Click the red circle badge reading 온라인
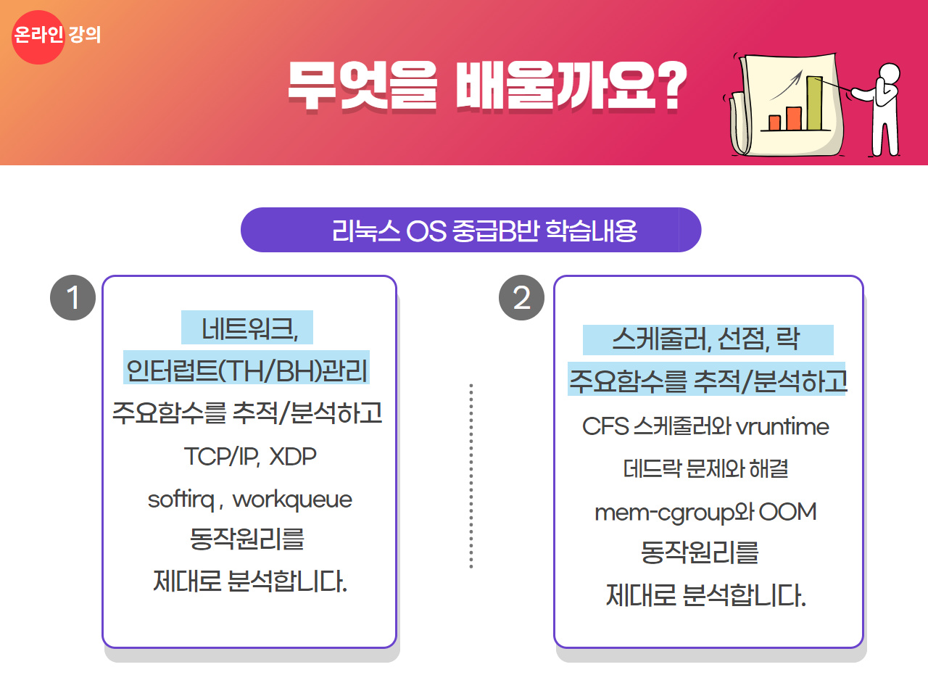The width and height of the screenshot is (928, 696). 38,37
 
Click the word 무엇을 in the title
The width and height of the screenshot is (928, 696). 362,87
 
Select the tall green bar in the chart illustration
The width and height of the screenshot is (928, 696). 814,103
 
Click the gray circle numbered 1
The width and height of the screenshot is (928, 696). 72,297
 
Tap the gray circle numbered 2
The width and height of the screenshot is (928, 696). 521,297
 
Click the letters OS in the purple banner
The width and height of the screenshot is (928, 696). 426,231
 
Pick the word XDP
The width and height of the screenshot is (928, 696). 293,457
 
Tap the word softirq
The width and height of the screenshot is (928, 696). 181,500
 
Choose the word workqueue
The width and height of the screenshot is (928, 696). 292,500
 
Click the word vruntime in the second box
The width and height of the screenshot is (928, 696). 782,427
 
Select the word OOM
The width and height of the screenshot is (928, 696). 787,512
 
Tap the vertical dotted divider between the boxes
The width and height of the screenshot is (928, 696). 471,476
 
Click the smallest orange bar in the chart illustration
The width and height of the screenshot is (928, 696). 774,123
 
